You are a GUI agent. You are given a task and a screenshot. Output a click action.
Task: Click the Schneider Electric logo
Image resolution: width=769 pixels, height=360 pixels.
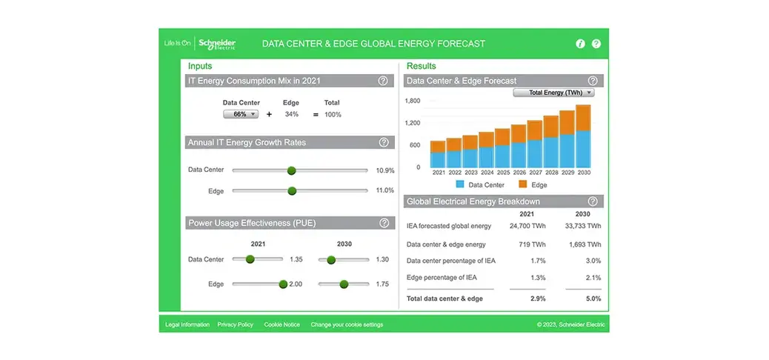coord(217,44)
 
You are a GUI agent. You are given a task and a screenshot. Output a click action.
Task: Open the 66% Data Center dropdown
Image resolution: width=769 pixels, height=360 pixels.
coord(241,114)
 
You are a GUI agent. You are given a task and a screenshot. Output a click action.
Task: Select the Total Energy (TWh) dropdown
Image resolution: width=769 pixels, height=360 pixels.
coord(553,93)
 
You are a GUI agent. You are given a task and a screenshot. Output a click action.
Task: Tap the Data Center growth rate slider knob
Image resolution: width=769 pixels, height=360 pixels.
coord(291,170)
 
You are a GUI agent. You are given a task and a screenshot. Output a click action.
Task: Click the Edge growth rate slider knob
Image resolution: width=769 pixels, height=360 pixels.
coord(293,191)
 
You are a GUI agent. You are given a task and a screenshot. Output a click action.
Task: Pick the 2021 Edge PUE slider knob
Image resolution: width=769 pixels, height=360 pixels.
coord(283,284)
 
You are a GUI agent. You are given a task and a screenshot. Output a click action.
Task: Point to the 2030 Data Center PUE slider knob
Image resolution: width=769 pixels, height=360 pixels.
coord(331,260)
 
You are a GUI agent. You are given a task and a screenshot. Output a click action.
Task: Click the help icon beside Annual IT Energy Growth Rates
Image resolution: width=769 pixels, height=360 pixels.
coord(384,143)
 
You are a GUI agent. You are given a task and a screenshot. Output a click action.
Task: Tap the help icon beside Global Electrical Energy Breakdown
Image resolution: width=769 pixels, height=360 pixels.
coord(593,201)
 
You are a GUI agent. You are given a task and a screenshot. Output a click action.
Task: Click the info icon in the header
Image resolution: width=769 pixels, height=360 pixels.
coord(580,44)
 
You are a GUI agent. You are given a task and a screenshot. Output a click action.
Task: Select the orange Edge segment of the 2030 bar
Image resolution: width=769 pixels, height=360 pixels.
coord(583,118)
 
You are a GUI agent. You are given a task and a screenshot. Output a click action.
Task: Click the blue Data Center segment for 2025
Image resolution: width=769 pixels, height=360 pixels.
coord(502,156)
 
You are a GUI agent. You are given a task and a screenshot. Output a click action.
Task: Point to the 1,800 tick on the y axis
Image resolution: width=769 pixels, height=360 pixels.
coord(413,101)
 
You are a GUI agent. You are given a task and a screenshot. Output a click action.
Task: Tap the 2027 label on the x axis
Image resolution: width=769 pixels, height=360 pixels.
coord(535,173)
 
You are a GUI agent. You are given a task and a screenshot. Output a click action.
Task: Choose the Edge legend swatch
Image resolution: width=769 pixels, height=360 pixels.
coord(523,184)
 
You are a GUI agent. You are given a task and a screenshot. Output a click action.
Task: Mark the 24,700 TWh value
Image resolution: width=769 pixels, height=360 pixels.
coord(527,226)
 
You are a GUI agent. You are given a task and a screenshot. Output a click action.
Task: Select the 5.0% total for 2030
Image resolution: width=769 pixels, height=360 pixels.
coord(593,299)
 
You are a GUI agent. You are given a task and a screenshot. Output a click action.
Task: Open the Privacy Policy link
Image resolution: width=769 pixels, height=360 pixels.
coord(236,324)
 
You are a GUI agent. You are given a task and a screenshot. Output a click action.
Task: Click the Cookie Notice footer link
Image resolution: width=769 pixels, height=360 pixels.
coord(282,324)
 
